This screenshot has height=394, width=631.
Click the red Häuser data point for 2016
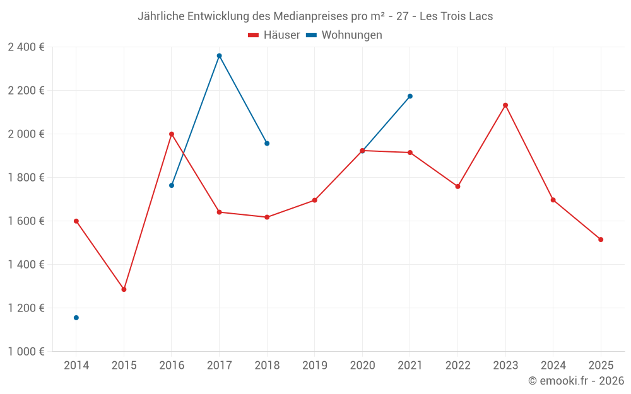coord(171,134)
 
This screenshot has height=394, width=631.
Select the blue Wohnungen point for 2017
coord(219,55)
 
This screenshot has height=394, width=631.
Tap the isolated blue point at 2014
coord(76,318)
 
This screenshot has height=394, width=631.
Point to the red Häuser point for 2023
coord(505,105)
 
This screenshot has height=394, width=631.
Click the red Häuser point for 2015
coord(124,289)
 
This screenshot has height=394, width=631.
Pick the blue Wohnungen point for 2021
coord(410,96)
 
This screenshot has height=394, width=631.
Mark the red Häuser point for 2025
coord(601,240)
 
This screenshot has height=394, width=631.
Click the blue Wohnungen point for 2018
coord(267,144)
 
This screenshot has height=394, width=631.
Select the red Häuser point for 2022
coord(457,187)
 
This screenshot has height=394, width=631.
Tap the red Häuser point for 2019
coord(315,200)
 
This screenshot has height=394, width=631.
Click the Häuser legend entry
coord(274,35)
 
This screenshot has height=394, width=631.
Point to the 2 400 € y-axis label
coord(26,47)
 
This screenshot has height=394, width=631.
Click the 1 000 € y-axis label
coord(26,352)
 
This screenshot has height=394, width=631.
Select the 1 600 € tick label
coord(26,221)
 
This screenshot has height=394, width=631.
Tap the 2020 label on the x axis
coord(362,365)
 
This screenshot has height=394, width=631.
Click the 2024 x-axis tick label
coord(553,365)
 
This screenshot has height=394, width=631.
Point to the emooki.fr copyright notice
coord(575,381)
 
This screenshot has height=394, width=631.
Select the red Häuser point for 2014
coord(76,221)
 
